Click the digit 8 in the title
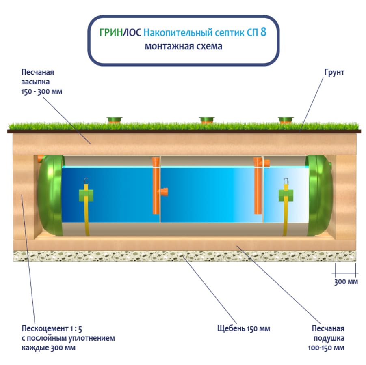click(263, 32)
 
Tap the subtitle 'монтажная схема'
click(184, 46)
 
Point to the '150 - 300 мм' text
click(42, 91)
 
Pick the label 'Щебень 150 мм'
click(243, 328)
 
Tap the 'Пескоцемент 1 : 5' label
click(48, 328)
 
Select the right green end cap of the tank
click(321, 195)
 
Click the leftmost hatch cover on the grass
click(115, 120)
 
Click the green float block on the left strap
click(86, 195)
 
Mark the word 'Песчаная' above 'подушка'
click(328, 328)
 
